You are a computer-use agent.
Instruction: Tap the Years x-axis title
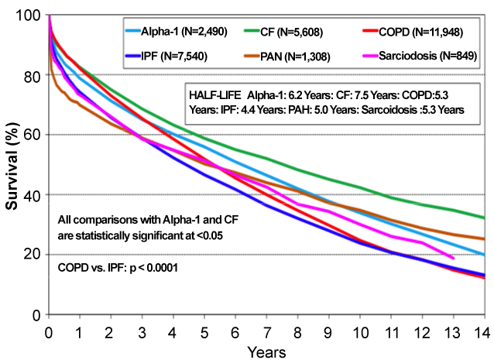(x=266, y=351)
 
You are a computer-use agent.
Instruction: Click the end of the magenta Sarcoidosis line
(x=453, y=259)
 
